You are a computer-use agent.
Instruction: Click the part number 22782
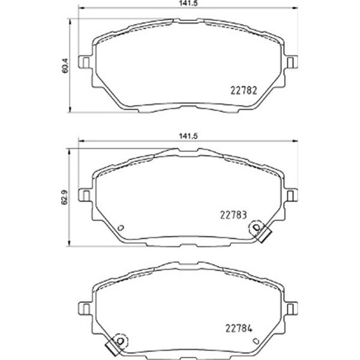[244, 91]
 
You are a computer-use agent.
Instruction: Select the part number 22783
[233, 215]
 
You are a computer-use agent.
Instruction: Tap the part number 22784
[239, 328]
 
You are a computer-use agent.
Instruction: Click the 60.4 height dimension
[65, 65]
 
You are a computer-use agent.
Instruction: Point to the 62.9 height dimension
[65, 197]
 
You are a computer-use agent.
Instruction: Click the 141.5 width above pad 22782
[188, 3]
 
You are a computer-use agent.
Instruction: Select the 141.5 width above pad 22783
[188, 136]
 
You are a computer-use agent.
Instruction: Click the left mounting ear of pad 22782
[85, 62]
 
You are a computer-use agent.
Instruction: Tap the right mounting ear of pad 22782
[291, 62]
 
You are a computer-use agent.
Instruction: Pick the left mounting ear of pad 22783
[85, 195]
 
